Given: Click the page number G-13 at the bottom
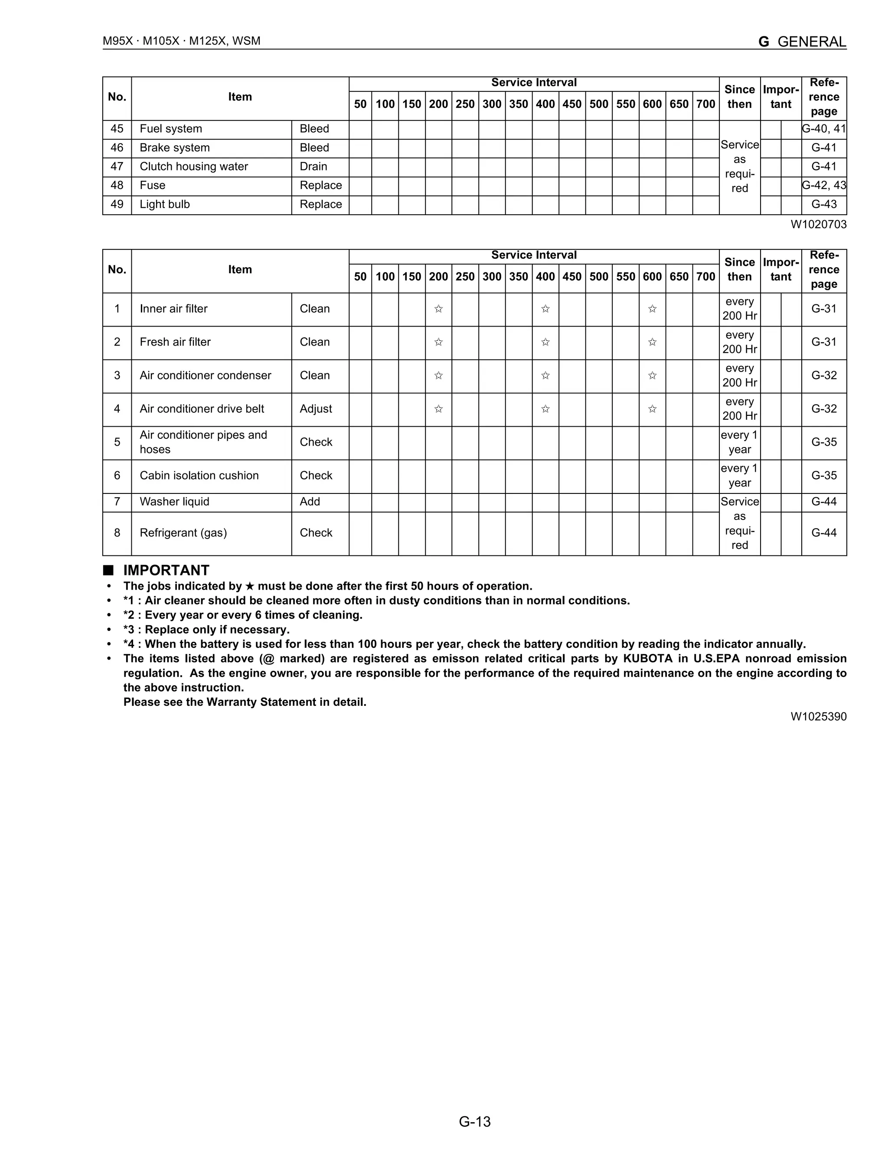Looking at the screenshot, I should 474,1123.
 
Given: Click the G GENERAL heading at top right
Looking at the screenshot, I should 802,42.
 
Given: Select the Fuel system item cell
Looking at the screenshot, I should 170,129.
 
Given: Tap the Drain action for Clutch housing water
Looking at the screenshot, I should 313,167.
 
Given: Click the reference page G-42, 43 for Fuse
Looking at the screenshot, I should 824,185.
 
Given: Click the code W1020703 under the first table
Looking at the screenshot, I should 818,225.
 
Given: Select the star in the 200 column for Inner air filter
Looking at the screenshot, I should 438,309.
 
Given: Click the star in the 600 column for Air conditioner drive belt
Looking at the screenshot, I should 652,409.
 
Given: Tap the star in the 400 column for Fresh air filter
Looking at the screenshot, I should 545,343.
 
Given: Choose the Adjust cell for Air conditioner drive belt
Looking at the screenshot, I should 316,409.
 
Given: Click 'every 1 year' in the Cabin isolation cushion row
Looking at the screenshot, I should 739,476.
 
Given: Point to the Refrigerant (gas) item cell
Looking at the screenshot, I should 183,533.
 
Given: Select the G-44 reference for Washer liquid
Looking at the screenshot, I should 824,502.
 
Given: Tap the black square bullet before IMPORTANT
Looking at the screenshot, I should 108,570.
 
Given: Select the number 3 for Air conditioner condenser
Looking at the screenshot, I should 117,375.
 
